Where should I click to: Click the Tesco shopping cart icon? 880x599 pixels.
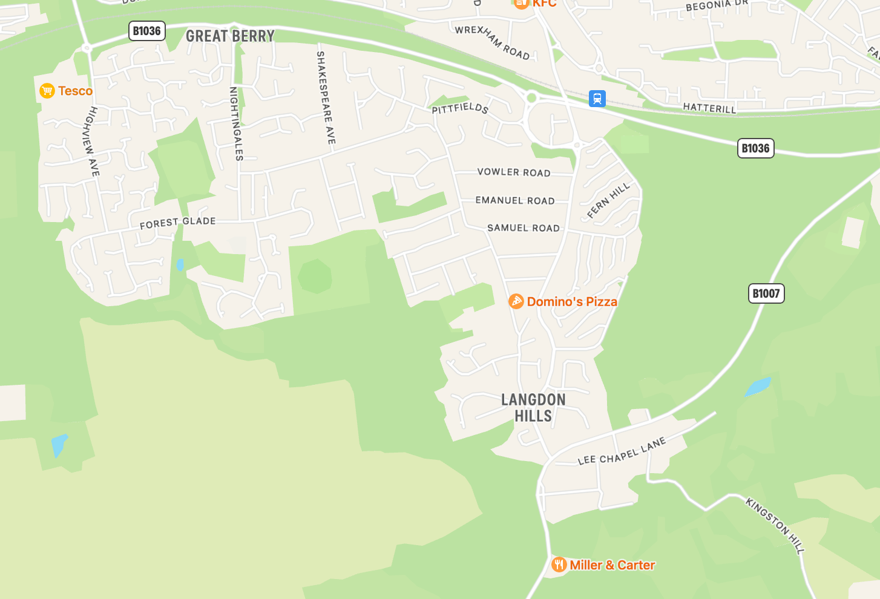pyautogui.click(x=47, y=91)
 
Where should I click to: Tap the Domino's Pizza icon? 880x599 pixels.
pyautogui.click(x=516, y=301)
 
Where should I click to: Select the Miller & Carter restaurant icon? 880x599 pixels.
pyautogui.click(x=559, y=565)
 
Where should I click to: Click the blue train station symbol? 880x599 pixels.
pyautogui.click(x=597, y=99)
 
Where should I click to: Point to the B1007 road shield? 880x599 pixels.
pyautogui.click(x=766, y=293)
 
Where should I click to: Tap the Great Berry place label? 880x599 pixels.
pyautogui.click(x=230, y=36)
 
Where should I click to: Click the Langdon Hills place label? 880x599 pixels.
pyautogui.click(x=533, y=408)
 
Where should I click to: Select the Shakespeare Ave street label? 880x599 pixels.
pyautogui.click(x=325, y=97)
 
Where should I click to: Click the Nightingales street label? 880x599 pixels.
pyautogui.click(x=236, y=123)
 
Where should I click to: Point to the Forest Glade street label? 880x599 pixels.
pyautogui.click(x=177, y=223)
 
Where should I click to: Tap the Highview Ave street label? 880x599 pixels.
pyautogui.click(x=91, y=142)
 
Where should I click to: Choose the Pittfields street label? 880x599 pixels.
pyautogui.click(x=460, y=108)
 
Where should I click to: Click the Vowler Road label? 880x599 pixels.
pyautogui.click(x=514, y=172)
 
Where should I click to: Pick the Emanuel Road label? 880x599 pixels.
pyautogui.click(x=515, y=200)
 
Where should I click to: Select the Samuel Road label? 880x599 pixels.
pyautogui.click(x=524, y=228)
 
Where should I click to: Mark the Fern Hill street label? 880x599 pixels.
pyautogui.click(x=608, y=200)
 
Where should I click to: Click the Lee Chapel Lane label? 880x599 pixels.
pyautogui.click(x=622, y=451)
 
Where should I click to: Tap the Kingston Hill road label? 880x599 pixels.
pyautogui.click(x=775, y=525)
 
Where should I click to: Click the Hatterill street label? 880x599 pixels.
pyautogui.click(x=709, y=108)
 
